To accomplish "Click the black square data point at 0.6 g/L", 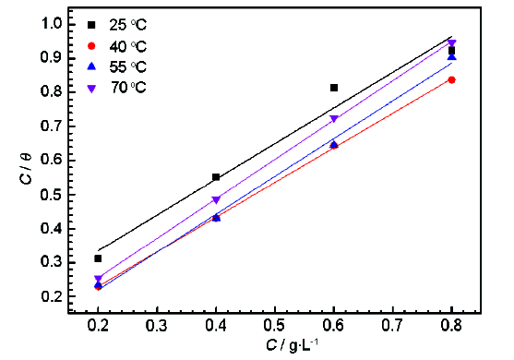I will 334,88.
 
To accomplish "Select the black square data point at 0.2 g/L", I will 98,258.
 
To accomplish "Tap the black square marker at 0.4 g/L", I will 216,177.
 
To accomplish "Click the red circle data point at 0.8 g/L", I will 451,80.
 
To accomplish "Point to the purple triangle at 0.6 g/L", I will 334,119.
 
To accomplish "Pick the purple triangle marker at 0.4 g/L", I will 216,199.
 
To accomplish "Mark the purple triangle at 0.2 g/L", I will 98,279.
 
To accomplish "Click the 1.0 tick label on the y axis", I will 52,23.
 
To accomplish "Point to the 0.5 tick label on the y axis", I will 52,194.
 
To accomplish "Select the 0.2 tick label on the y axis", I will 52,296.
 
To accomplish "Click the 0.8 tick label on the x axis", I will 451,327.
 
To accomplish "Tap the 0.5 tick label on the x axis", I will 275,327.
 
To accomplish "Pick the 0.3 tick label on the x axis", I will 157,327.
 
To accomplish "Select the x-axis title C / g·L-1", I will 274,346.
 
